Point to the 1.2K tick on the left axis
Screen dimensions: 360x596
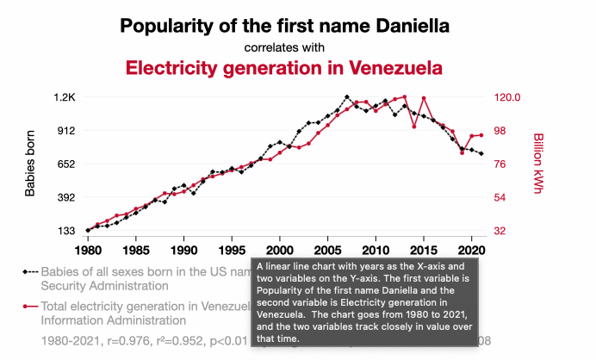65,97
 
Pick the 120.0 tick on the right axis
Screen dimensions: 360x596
508,97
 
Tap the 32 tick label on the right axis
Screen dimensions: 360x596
501,231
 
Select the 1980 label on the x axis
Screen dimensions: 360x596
88,249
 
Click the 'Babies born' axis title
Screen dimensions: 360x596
30,164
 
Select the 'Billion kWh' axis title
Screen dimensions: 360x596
539,164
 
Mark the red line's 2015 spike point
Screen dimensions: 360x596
424,98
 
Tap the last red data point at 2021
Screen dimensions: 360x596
481,135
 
